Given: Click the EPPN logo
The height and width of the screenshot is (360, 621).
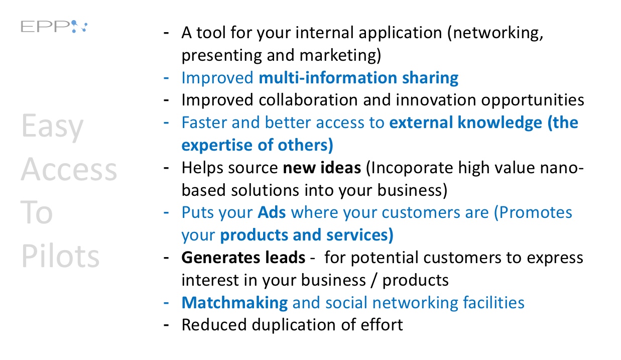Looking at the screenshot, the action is click(54, 27).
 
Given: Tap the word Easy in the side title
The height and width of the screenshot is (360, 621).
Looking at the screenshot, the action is click(52, 127).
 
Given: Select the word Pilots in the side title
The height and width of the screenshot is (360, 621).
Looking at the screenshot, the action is click(60, 256).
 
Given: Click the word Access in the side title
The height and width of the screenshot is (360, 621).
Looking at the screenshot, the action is click(69, 169).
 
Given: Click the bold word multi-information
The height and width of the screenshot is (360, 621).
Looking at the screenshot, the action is click(328, 78).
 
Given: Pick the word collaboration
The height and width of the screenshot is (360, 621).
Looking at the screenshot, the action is click(308, 100).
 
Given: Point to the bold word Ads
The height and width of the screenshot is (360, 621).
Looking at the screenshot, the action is click(272, 213).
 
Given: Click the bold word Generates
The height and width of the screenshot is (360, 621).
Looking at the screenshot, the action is click(221, 258).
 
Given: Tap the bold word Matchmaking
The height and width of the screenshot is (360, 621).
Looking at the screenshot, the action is click(234, 303).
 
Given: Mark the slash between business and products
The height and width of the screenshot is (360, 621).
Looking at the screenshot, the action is click(375, 280).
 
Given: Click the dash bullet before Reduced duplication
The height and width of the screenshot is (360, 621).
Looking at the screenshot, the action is click(166, 325).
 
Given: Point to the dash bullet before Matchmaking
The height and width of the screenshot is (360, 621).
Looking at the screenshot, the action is click(166, 303).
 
